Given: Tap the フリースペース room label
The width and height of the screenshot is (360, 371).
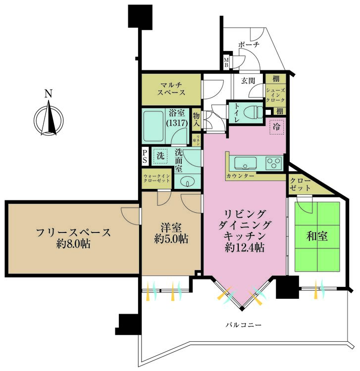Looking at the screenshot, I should [x=73, y=237].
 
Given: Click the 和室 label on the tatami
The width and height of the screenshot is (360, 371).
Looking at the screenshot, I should [x=317, y=236].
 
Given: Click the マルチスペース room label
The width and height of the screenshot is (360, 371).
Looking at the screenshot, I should [x=171, y=88].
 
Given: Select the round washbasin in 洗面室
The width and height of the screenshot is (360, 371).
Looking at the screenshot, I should [x=188, y=182].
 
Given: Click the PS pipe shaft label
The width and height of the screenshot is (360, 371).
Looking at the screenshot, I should [x=145, y=157].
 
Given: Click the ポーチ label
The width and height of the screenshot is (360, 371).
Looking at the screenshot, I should [x=249, y=45].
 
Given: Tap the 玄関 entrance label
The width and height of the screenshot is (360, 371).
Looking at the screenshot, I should [x=249, y=80].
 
